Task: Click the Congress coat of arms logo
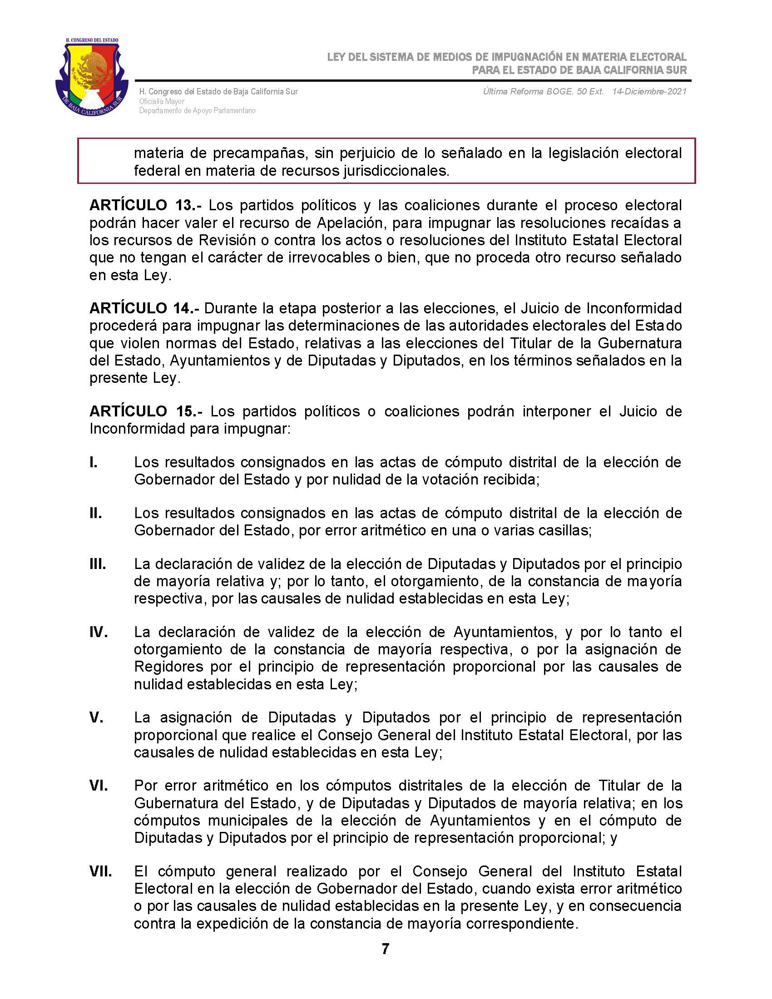[91, 77]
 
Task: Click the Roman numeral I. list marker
[94, 462]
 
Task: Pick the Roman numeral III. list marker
[98, 564]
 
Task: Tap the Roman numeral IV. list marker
[99, 632]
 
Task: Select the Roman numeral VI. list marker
[99, 786]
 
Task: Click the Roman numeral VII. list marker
[101, 871]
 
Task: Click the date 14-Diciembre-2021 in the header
[649, 91]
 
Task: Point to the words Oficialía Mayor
[162, 101]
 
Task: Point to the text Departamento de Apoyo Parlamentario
[197, 111]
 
